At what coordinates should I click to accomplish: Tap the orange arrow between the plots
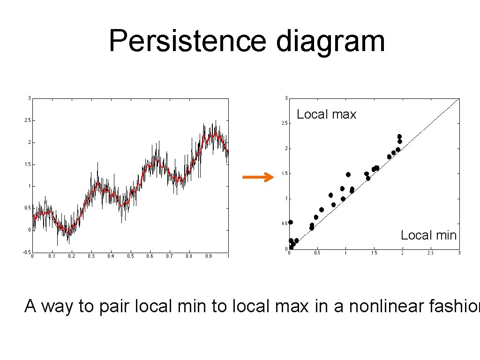pyautogui.click(x=257, y=177)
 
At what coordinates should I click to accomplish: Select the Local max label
pyautogui.click(x=326, y=114)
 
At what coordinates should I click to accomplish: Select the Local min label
pyautogui.click(x=428, y=235)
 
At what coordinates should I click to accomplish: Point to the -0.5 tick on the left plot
pyautogui.click(x=27, y=252)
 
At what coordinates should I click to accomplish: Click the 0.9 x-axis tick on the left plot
pyautogui.click(x=208, y=256)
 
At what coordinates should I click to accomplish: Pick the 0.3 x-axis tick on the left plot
pyautogui.click(x=90, y=256)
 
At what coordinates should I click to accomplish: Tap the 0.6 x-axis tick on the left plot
pyautogui.click(x=150, y=256)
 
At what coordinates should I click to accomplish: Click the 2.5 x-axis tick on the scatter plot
pyautogui.click(x=430, y=253)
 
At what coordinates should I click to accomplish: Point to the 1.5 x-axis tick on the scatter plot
pyautogui.click(x=374, y=253)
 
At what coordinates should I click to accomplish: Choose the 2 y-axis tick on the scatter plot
pyautogui.click(x=285, y=149)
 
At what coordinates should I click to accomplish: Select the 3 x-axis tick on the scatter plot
pyautogui.click(x=459, y=253)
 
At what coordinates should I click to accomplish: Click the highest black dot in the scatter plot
pyautogui.click(x=399, y=137)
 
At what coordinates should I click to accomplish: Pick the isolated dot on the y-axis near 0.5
pyautogui.click(x=291, y=222)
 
